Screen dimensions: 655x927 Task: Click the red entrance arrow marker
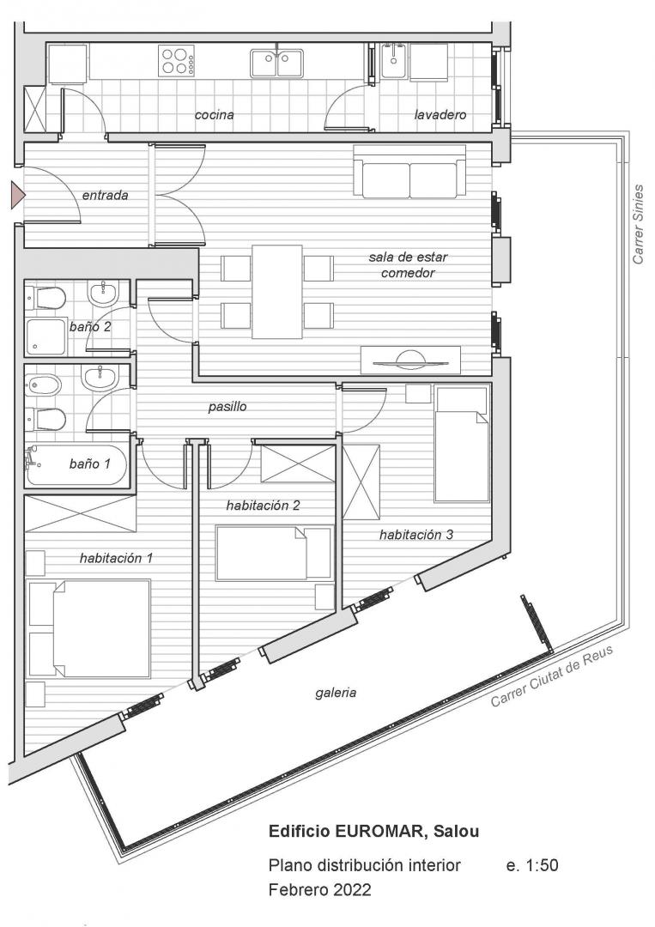17,195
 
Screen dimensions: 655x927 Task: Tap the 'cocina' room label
214,115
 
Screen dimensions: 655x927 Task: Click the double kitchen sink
276,64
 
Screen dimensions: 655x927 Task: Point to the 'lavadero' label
440,115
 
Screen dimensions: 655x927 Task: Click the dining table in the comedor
277,292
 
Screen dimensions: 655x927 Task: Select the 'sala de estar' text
408,257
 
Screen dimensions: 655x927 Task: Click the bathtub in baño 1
76,464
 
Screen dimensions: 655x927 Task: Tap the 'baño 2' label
90,326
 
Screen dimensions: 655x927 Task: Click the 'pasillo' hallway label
227,407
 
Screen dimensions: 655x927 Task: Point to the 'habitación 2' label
263,506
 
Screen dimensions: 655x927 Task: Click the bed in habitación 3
463,444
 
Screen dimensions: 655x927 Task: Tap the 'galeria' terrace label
336,693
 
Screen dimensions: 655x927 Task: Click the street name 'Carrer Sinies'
638,224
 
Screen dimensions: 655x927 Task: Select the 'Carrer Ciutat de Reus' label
552,676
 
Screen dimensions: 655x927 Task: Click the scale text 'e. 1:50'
532,865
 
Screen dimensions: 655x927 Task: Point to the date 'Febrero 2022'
320,889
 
